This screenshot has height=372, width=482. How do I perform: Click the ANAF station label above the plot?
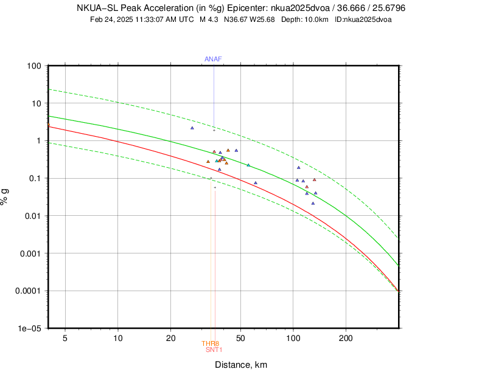pyautogui.click(x=213, y=59)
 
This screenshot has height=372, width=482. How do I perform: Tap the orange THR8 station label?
pyautogui.click(x=211, y=344)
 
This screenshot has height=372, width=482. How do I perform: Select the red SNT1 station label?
pyautogui.click(x=214, y=350)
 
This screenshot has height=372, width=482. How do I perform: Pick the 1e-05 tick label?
pyautogui.click(x=30, y=328)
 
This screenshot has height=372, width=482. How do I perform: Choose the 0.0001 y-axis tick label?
pyautogui.click(x=28, y=291)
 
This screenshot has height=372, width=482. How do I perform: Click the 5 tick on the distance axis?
pyautogui.click(x=65, y=337)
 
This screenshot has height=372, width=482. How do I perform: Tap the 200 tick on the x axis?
pyautogui.click(x=346, y=337)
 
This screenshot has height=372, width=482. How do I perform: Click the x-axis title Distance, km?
pyautogui.click(x=240, y=365)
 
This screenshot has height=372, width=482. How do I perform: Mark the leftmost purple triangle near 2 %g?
pyautogui.click(x=192, y=128)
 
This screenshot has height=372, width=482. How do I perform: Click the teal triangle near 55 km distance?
pyautogui.click(x=248, y=165)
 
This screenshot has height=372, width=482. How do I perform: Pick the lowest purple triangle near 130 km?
pyautogui.click(x=313, y=203)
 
